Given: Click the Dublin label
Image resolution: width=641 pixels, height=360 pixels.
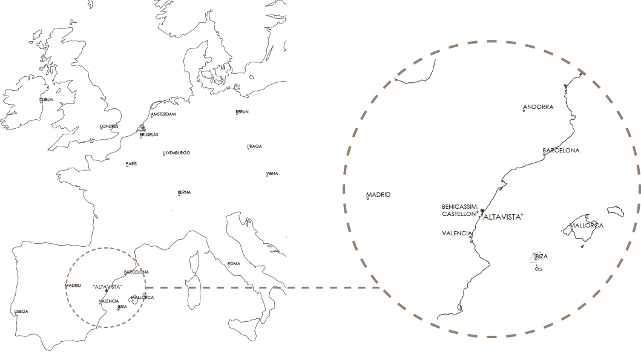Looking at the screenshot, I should click(47, 100).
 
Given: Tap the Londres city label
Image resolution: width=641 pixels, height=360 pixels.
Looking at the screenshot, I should click(109, 126).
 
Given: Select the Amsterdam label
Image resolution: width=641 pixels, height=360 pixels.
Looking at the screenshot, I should click(163, 114).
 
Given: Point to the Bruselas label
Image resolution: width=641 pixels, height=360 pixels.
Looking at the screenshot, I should click(149, 135).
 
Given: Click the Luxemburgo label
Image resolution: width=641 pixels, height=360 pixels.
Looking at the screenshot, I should click(176, 153).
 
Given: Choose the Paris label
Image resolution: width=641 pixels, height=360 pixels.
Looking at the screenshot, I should click(131, 164).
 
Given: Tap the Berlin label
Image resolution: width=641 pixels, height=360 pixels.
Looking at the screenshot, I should click(242, 112).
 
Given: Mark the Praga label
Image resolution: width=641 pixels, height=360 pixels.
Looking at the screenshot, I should click(254, 147).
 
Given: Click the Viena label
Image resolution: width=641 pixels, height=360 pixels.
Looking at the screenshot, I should click(272, 174).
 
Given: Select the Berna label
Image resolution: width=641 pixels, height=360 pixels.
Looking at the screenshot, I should click(184, 192).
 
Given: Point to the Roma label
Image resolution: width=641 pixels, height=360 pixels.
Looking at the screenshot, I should click(234, 264).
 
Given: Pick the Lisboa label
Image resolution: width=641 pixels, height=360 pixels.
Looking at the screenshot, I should click(21, 312).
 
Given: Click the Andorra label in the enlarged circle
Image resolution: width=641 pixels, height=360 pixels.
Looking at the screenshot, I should click(538, 107).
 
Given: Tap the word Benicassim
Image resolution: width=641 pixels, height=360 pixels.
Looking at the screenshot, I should click(461, 206).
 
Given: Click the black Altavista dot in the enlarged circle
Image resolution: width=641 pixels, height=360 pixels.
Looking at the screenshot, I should click(482, 211).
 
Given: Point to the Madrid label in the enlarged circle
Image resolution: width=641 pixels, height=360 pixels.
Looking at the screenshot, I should click(378, 195).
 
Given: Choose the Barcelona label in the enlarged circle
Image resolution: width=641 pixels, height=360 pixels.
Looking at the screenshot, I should click(560, 150).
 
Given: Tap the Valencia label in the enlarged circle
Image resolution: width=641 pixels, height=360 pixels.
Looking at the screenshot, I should click(456, 233).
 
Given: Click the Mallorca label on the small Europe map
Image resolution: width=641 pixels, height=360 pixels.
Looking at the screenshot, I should click(142, 298).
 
